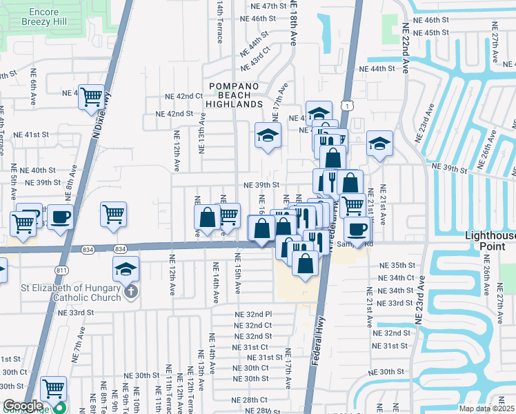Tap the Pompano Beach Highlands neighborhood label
click(234, 94)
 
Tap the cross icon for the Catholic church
click(130, 293)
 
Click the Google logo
click(23, 406)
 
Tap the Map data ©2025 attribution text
click(488, 408)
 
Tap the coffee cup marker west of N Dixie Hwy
click(60, 217)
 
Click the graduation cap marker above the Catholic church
click(126, 268)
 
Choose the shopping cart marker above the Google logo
click(54, 388)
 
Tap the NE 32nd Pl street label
click(254, 314)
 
